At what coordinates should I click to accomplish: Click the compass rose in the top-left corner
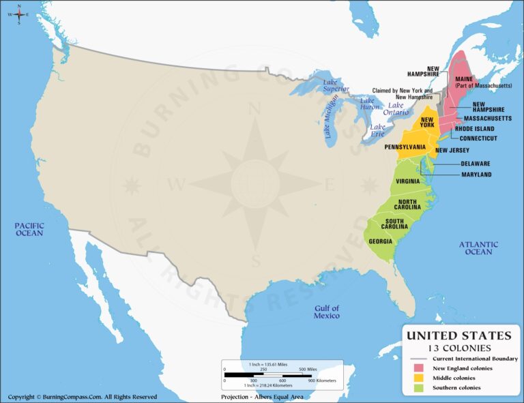pyautogui.click(x=19, y=13)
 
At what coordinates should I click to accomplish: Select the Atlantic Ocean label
pyautogui.click(x=478, y=248)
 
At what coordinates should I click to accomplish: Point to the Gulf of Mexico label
pyautogui.click(x=326, y=312)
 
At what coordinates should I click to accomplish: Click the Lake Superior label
pyautogui.click(x=335, y=85)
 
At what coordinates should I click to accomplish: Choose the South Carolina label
pyautogui.click(x=398, y=224)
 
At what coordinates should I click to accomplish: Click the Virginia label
pyautogui.click(x=407, y=181)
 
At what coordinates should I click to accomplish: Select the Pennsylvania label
pyautogui.click(x=405, y=147)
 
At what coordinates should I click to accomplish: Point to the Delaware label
pyautogui.click(x=475, y=164)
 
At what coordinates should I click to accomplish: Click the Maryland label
pyautogui.click(x=476, y=175)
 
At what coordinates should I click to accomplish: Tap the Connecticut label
pyautogui.click(x=478, y=138)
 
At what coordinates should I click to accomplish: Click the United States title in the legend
pyautogui.click(x=458, y=335)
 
